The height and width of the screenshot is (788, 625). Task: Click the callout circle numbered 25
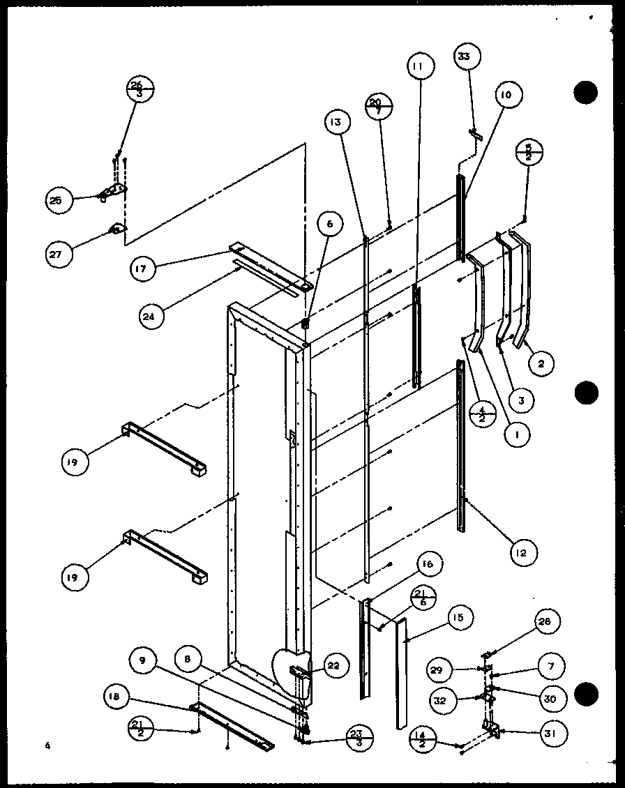[56, 201]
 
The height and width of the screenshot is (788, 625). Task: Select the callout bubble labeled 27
[56, 254]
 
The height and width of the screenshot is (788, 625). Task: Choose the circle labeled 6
[329, 225]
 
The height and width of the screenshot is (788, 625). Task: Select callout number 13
[336, 123]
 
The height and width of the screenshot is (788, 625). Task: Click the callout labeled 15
[460, 618]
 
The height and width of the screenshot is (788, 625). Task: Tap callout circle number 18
[116, 696]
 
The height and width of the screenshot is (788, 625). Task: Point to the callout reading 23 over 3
[360, 738]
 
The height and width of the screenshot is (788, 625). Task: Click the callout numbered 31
[553, 734]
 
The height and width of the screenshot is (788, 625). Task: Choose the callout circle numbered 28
[548, 621]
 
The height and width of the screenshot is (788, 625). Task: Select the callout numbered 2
[542, 363]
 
